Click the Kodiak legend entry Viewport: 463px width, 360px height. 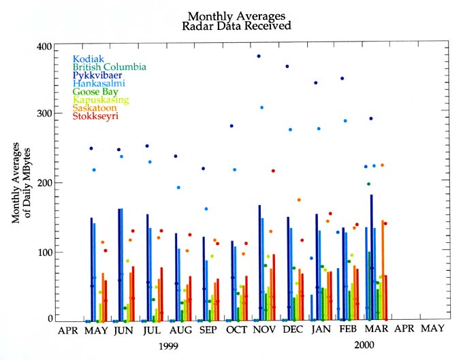pos(89,59)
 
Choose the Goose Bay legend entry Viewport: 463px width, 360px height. pos(96,92)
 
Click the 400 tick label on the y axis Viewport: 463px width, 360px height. pos(44,46)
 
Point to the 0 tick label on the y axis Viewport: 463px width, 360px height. pos(50,318)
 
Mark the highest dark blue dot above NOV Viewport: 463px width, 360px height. pos(259,56)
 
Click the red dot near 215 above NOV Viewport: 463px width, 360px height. pos(273,171)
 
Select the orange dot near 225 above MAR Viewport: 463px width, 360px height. pos(382,165)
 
